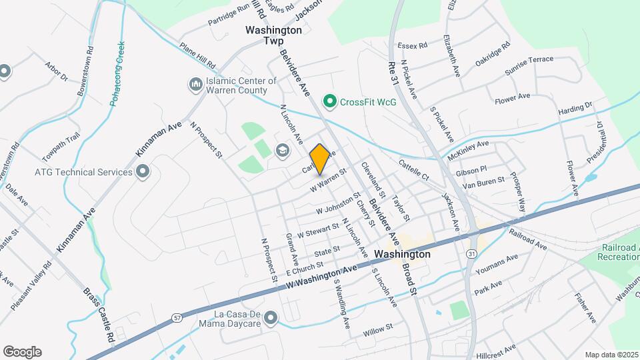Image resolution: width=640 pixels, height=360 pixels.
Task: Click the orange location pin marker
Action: click(319, 159)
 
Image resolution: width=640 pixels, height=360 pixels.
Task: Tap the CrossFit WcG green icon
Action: click(329, 102)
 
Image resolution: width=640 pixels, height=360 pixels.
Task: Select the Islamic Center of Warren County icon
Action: click(195, 85)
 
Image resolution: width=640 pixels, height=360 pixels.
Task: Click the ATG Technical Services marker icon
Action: click(142, 172)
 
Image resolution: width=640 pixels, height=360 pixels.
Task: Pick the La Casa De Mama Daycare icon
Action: click(270, 319)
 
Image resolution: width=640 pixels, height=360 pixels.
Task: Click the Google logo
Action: click(22, 352)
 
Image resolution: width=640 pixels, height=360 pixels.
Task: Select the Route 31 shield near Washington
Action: click(471, 254)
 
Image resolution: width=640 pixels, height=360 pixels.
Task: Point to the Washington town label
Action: click(402, 254)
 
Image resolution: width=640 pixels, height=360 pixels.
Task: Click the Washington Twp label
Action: click(274, 35)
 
